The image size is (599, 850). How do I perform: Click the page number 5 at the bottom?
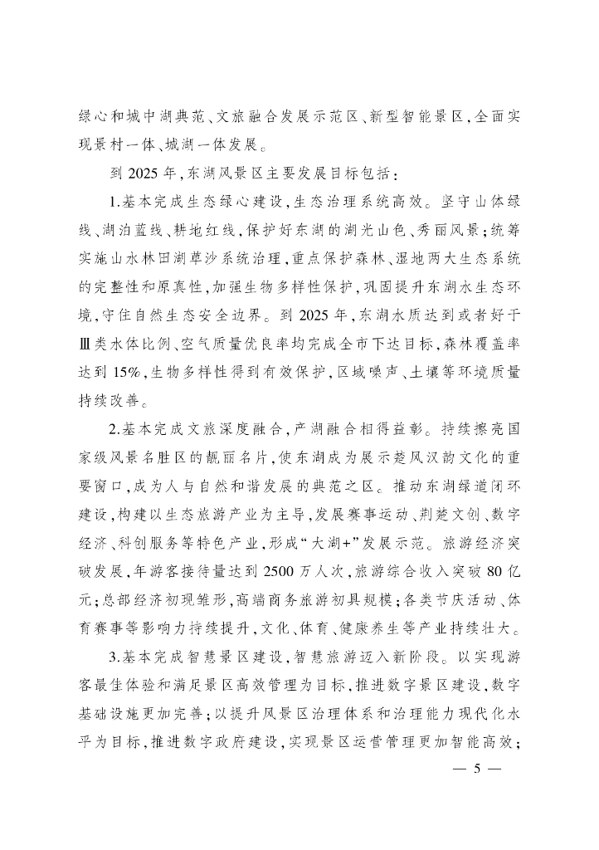[x=476, y=769]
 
